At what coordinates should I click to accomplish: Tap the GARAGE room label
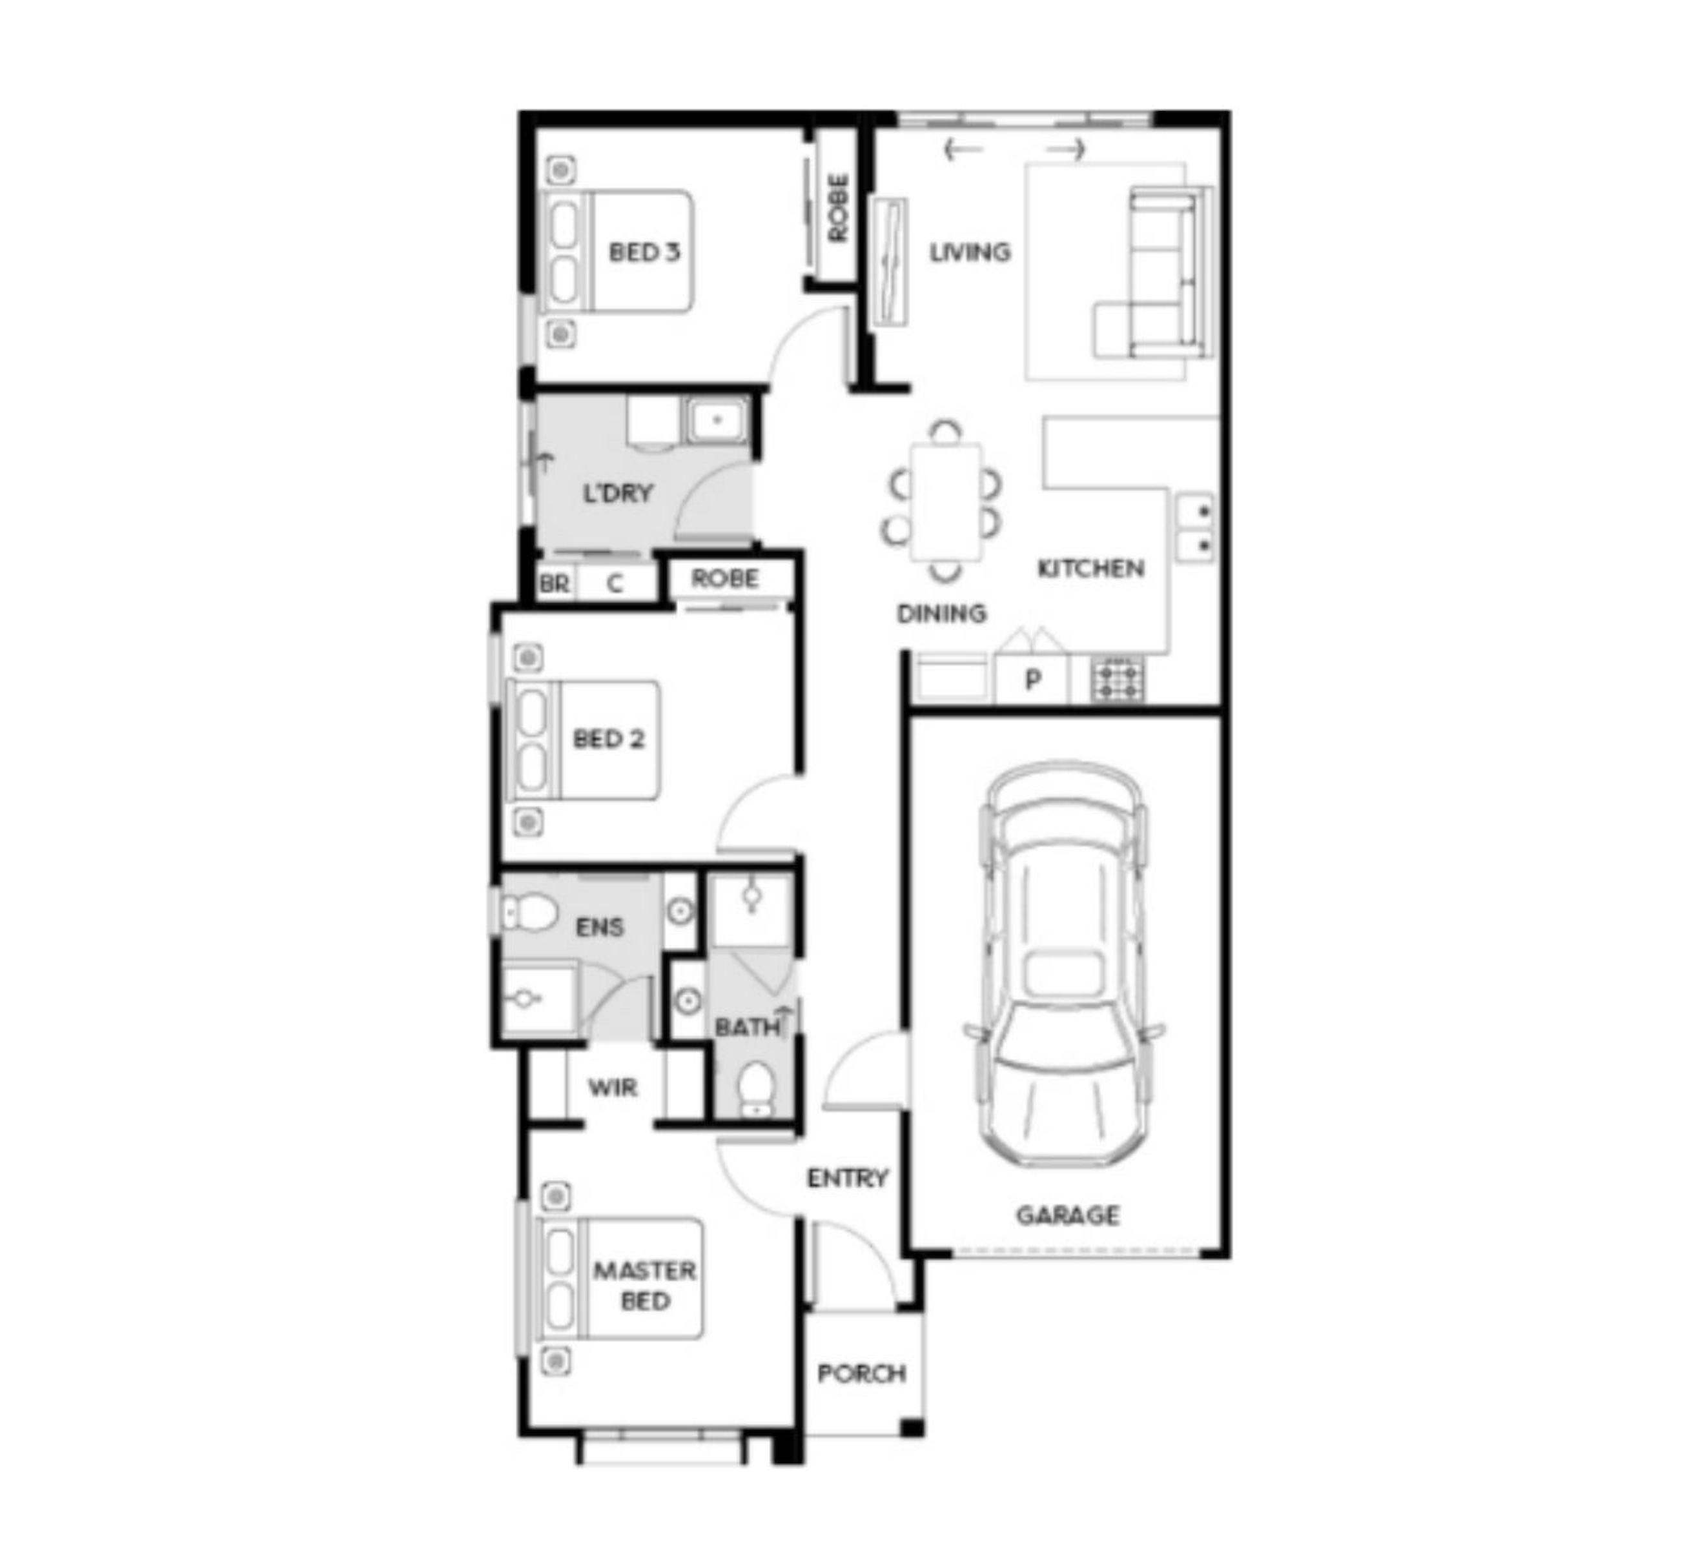pos(1068,1215)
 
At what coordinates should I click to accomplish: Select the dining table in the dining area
pos(946,502)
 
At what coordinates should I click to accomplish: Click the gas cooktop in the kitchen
pos(1117,679)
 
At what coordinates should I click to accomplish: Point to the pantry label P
pos(1032,680)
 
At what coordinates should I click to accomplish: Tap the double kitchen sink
pos(1195,527)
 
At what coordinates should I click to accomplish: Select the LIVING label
pos(970,252)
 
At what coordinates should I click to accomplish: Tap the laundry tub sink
pos(717,420)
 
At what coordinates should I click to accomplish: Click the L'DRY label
pos(618,492)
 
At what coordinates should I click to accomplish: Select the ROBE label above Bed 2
pos(725,579)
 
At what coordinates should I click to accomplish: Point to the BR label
pos(554,584)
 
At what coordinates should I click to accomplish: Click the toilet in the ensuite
pos(529,913)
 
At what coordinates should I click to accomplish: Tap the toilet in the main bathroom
pos(755,1090)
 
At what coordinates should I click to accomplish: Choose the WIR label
pos(612,1088)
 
